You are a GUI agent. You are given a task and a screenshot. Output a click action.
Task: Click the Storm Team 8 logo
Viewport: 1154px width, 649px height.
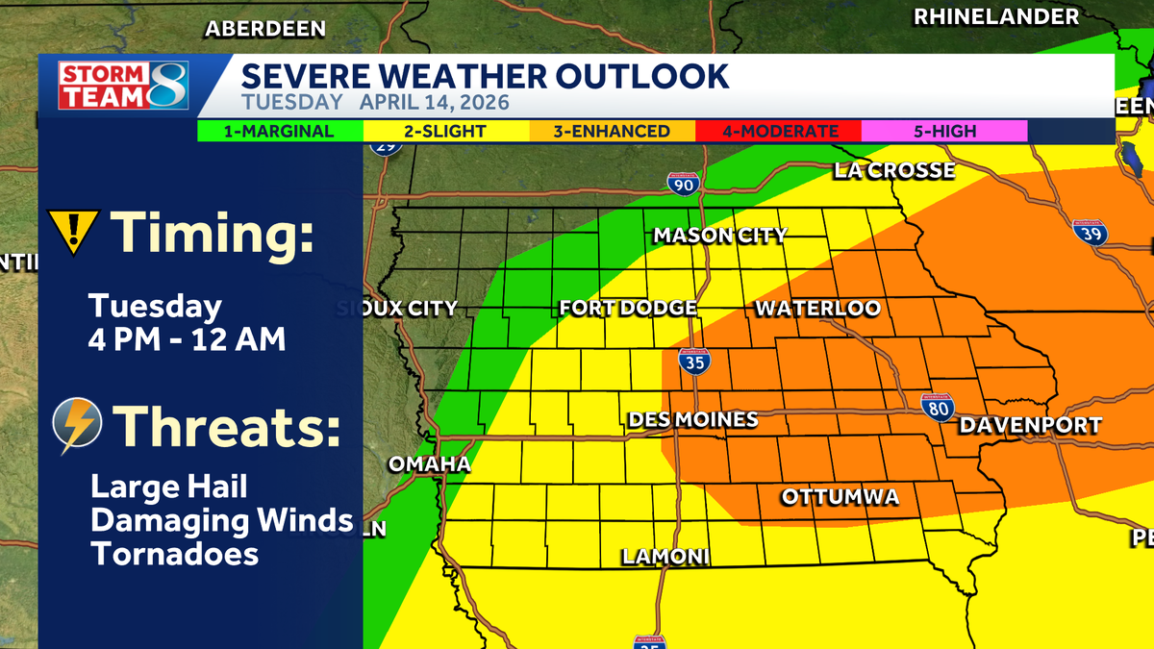tap(123, 86)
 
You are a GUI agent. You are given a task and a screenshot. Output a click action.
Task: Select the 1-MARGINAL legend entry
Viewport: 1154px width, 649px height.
tap(279, 131)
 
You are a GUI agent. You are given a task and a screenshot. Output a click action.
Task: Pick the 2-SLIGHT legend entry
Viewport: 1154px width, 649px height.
tap(445, 131)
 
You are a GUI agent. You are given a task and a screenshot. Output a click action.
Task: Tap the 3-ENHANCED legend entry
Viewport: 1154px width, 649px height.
tap(612, 131)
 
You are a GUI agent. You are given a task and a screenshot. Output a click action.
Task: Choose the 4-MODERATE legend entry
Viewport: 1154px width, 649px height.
tap(779, 131)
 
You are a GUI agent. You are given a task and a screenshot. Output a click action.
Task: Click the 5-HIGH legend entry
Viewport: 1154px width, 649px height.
tap(944, 131)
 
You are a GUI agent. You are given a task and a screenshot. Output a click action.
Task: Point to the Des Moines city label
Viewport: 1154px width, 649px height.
tap(692, 420)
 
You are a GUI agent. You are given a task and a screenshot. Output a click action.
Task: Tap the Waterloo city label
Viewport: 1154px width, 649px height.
tap(817, 309)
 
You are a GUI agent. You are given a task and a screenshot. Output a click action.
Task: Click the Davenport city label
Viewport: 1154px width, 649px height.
tap(1030, 425)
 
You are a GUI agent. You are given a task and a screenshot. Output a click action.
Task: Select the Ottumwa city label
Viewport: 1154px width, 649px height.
tap(840, 497)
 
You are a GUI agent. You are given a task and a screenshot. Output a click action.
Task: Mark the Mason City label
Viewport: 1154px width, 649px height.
tap(719, 235)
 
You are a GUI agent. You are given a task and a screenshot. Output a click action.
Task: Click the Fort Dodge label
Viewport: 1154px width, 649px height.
tap(628, 309)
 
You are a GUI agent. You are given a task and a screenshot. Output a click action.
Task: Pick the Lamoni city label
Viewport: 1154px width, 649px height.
tap(665, 557)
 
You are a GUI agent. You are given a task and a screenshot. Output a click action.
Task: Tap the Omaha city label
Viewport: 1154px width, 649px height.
tap(429, 464)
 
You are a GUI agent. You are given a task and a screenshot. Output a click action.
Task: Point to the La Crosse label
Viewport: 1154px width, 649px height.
tap(894, 170)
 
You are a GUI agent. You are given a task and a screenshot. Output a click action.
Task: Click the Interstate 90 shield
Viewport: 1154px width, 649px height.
tap(683, 185)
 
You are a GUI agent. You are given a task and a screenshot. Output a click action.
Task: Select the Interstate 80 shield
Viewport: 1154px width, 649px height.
tap(937, 408)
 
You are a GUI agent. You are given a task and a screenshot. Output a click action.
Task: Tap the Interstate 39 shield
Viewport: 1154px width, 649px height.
tap(1091, 231)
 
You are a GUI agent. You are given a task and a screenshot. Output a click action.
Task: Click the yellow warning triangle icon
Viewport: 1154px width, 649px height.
tap(73, 234)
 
